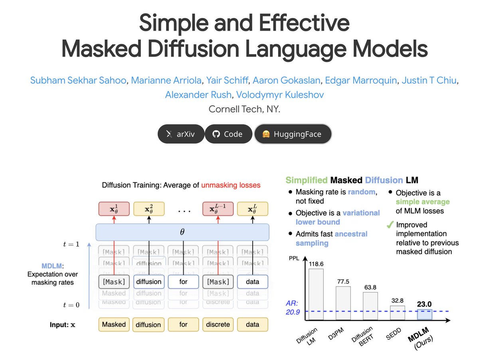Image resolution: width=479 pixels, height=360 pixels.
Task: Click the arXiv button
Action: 181,134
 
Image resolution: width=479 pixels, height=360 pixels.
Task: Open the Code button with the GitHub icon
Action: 228,134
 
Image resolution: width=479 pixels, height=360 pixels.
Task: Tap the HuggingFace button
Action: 293,134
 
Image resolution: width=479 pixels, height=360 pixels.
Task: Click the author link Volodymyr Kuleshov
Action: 280,95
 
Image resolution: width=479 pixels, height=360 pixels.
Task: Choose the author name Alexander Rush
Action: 198,95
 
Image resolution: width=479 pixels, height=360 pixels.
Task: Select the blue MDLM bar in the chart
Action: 424,314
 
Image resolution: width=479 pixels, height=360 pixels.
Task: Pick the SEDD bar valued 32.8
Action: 397,313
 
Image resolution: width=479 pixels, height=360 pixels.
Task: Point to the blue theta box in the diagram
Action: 182,232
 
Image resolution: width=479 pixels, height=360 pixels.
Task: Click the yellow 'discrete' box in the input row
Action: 218,324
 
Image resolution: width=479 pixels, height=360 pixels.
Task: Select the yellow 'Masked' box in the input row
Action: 114,324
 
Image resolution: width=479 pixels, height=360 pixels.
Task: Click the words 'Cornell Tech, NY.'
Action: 244,109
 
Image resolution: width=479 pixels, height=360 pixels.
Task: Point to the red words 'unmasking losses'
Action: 231,185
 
